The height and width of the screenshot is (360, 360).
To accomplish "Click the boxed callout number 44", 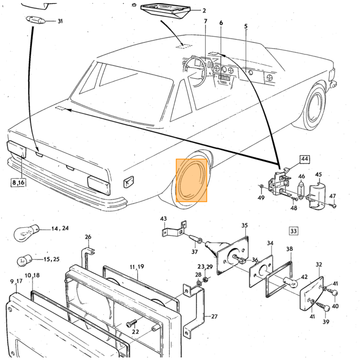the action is click(x=304, y=159).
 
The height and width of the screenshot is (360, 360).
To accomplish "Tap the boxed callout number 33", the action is click(x=294, y=231).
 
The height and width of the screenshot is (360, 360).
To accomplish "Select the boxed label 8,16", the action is click(x=18, y=183).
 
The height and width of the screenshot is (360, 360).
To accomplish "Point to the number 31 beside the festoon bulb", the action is click(x=60, y=21).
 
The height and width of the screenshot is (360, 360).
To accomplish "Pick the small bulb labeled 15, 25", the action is click(x=24, y=260).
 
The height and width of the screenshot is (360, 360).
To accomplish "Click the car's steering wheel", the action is click(x=195, y=71).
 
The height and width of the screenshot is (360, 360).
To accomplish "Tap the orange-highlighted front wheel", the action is click(x=191, y=180).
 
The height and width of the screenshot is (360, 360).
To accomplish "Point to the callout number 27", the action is click(x=214, y=316).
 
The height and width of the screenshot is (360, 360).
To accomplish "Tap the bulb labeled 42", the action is click(x=291, y=282).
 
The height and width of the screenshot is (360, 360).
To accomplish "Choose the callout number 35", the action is click(x=244, y=225).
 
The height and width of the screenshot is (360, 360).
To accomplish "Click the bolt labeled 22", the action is click(x=131, y=323).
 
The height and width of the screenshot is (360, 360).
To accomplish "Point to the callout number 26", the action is click(x=88, y=237).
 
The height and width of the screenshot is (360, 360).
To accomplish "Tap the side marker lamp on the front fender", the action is click(x=129, y=182).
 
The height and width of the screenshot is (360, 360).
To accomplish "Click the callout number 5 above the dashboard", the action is click(x=246, y=26).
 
